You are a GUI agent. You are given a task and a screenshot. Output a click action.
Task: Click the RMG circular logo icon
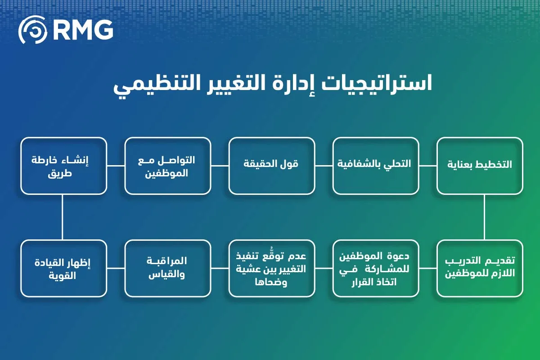coord(32,30)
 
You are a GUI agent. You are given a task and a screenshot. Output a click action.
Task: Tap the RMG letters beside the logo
coord(82,30)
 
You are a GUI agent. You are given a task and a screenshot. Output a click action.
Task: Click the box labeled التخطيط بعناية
coord(480,166)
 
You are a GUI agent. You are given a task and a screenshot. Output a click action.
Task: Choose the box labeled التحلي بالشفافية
coord(376,166)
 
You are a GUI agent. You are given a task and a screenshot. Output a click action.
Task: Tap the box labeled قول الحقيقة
coord(271,166)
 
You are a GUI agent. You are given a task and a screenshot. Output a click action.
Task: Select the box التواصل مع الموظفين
coord(168,166)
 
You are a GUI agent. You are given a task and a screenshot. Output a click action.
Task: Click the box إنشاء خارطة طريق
coord(64,166)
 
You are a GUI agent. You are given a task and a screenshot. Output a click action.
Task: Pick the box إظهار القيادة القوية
coord(64,268)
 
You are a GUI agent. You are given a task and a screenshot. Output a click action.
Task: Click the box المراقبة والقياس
coord(168,268)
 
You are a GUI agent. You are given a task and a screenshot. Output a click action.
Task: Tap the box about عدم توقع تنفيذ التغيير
coord(271,268)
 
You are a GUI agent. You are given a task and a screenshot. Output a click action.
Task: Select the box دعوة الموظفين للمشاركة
coord(376,268)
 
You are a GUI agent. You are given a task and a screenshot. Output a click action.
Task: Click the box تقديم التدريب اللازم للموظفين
coord(480,268)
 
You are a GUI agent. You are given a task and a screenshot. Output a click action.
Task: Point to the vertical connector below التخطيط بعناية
coord(485,217)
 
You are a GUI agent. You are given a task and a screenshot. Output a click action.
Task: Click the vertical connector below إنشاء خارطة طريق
coord(62,217)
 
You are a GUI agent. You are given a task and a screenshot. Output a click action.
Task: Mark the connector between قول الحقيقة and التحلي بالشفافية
coord(324,166)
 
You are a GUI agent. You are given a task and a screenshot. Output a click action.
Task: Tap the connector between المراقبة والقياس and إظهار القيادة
coord(116,268)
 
